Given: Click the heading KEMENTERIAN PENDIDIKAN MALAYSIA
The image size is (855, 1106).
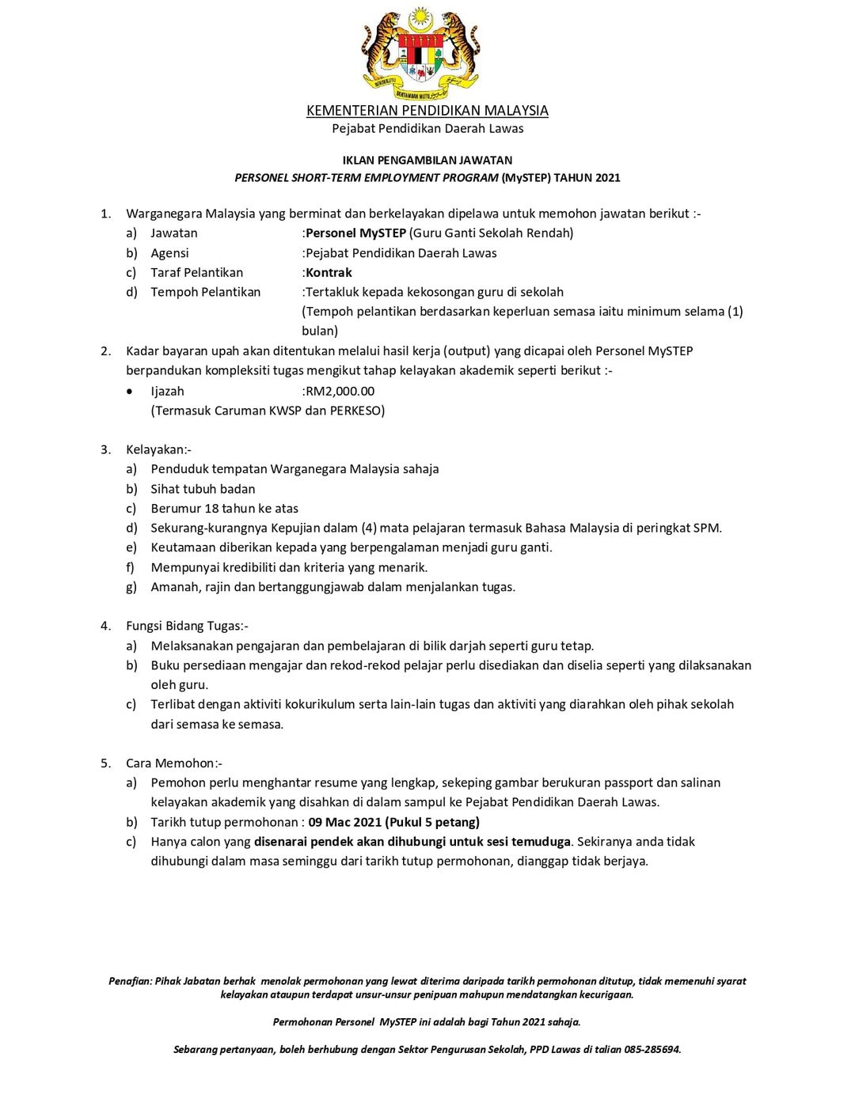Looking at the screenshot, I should (427, 111).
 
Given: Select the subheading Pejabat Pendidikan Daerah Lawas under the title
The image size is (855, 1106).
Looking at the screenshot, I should (427, 128).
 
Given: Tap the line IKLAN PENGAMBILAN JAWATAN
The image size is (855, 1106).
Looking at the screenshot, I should (427, 160).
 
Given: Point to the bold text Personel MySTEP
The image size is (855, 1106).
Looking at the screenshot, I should (355, 233).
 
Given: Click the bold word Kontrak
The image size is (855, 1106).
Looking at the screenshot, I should (329, 273).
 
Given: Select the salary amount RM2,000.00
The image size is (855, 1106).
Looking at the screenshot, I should (340, 391).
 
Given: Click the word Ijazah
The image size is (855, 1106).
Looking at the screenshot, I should (167, 391).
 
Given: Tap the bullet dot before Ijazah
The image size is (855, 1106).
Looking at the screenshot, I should (130, 391).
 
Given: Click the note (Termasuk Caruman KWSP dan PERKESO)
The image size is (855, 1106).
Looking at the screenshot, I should (268, 411).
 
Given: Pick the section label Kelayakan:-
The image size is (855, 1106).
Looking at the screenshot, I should (158, 449).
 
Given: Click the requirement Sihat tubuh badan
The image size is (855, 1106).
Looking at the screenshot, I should (203, 489).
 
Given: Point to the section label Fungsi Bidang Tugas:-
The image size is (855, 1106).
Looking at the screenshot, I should (187, 626).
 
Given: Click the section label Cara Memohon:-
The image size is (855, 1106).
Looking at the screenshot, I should (173, 763).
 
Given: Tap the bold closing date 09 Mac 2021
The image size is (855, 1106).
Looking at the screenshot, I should (345, 822).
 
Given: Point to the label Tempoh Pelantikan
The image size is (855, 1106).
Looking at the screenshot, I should (205, 292).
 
